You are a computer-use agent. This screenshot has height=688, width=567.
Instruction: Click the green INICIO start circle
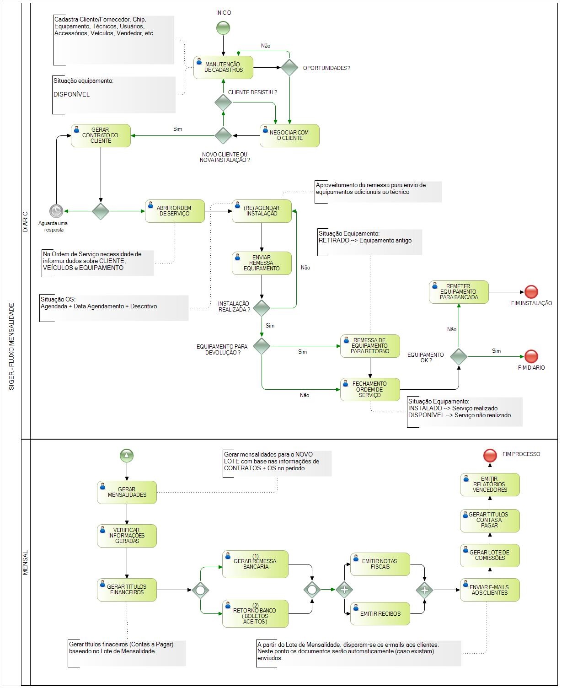coord(223,28)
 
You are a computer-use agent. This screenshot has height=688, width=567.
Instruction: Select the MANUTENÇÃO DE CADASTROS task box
coord(224,68)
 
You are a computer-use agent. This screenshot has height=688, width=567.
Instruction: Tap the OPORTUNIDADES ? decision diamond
coord(289,68)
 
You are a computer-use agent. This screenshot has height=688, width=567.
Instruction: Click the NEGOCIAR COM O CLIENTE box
coord(289,135)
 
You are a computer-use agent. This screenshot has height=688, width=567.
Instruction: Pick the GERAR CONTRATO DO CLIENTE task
coord(101,135)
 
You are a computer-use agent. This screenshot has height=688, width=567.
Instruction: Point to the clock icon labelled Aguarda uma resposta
coord(56,211)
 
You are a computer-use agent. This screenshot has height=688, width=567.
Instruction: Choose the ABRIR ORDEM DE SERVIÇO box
coord(175,211)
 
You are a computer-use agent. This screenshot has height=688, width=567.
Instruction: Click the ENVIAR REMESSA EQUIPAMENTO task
coord(262,263)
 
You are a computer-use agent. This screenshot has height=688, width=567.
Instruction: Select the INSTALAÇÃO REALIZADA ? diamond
coord(262,308)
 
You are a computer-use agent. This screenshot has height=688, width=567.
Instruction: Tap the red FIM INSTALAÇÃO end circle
coord(531,292)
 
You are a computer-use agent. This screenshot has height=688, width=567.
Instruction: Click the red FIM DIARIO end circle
coord(531,356)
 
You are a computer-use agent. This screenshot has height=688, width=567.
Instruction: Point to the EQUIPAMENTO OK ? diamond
coord(459,356)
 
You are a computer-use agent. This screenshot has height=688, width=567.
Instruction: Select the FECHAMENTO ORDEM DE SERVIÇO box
coord(370,389)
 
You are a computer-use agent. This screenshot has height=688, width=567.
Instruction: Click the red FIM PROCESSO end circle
coord(490,456)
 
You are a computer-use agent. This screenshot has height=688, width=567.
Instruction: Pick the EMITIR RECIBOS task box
coord(380,613)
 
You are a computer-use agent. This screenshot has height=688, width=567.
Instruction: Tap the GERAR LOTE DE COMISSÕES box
coord(490,555)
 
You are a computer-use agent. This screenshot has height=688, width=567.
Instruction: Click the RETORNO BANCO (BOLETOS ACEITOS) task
coord(255,613)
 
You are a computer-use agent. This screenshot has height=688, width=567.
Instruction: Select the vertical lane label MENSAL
coord(25,563)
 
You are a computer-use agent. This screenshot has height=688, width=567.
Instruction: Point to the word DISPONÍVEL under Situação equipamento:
coord(71,94)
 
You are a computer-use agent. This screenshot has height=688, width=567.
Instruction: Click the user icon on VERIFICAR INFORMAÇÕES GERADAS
coord(103,530)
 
